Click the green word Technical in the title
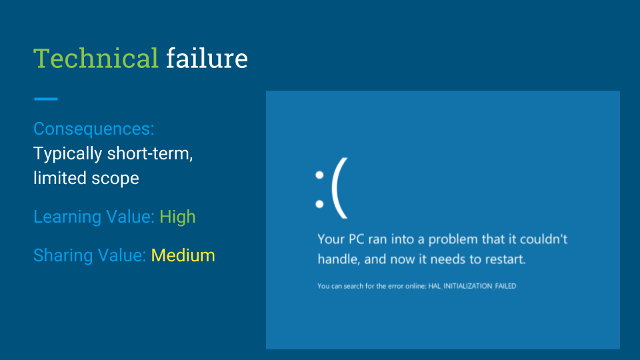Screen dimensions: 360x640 click(95, 59)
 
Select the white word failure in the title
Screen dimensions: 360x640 click(207, 59)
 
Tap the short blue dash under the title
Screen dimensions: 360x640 click(46, 99)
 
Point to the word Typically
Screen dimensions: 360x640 click(68, 154)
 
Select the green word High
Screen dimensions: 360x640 click(177, 217)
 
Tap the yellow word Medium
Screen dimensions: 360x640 click(183, 255)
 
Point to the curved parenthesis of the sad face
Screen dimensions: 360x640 click(339, 193)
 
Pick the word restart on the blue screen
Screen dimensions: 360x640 click(503, 259)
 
